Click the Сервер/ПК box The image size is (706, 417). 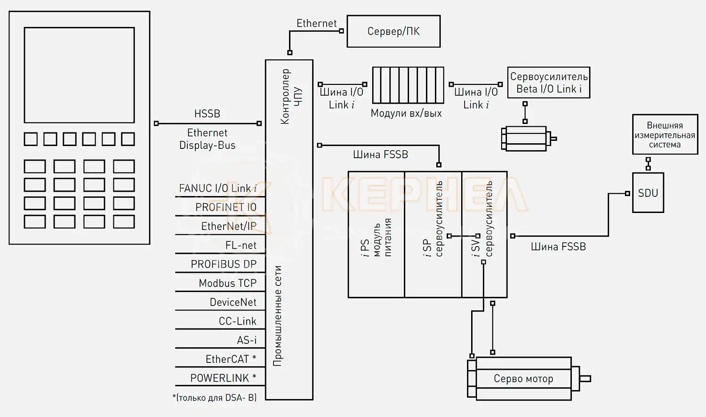click(393, 32)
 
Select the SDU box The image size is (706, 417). click(648, 193)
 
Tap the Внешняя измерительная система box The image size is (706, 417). click(665, 135)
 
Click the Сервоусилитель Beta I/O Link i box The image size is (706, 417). click(548, 82)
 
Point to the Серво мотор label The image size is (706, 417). click(523, 379)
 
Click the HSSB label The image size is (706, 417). click(207, 114)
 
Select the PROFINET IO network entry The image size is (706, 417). click(226, 207)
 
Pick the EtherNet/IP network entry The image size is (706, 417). click(229, 226)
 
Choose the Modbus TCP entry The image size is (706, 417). click(227, 283)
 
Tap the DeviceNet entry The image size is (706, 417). click(233, 302)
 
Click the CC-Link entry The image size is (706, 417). click(237, 321)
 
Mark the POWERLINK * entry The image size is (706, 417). click(223, 378)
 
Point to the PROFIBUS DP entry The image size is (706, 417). click(224, 264)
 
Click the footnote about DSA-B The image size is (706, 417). click(215, 398)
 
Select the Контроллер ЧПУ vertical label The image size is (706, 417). click(291, 97)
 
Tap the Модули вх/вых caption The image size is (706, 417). click(406, 113)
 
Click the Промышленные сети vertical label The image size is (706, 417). click(278, 316)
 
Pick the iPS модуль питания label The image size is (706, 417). click(376, 238)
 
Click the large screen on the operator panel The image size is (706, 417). click(79, 75)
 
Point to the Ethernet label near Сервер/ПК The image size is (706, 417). click(316, 24)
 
